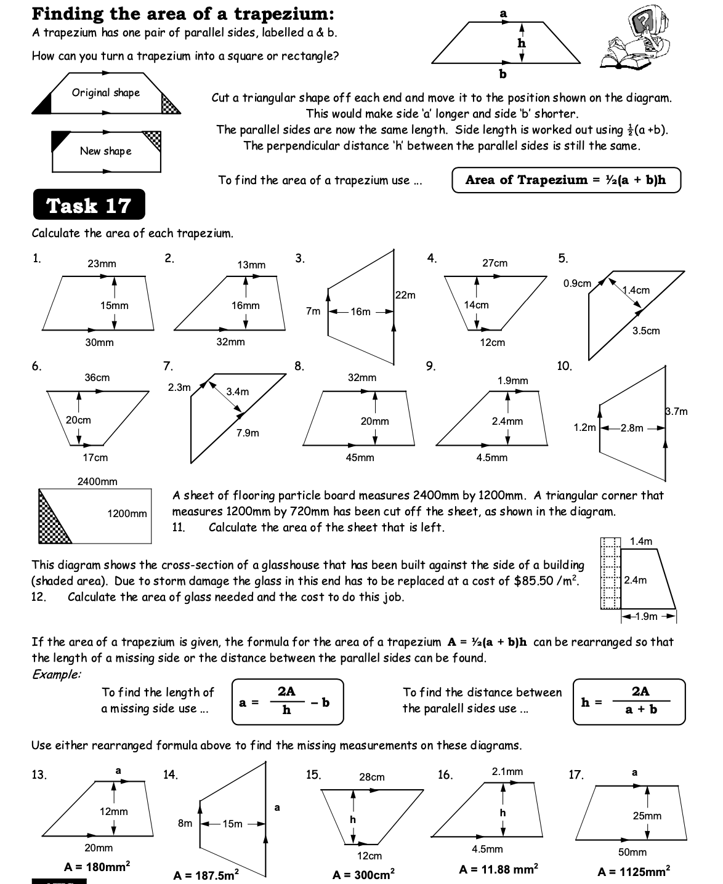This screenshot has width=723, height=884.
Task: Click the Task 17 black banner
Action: pyautogui.click(x=89, y=205)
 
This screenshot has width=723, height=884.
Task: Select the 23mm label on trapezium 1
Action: pyautogui.click(x=102, y=264)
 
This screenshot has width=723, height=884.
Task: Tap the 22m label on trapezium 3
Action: pyautogui.click(x=405, y=295)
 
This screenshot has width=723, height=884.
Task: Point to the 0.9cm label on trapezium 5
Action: pyautogui.click(x=577, y=284)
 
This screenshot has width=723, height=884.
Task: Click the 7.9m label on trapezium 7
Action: pyautogui.click(x=248, y=433)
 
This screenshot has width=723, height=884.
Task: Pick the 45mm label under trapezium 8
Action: pyautogui.click(x=360, y=458)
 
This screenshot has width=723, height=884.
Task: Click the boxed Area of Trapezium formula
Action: pyautogui.click(x=566, y=180)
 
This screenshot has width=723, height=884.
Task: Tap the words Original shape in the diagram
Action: pyautogui.click(x=106, y=93)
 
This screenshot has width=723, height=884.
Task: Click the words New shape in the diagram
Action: pyautogui.click(x=105, y=151)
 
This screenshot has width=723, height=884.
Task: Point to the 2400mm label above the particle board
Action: pyautogui.click(x=97, y=481)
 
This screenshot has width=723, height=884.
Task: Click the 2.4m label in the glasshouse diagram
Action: pyautogui.click(x=636, y=580)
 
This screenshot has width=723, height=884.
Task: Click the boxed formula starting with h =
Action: pyautogui.click(x=629, y=701)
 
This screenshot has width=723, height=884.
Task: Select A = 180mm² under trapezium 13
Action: pyautogui.click(x=97, y=867)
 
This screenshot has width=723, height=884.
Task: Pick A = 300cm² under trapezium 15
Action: pyautogui.click(x=363, y=874)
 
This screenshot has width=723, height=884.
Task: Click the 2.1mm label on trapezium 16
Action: pyautogui.click(x=507, y=772)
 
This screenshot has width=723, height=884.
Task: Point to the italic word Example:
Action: pyautogui.click(x=56, y=674)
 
